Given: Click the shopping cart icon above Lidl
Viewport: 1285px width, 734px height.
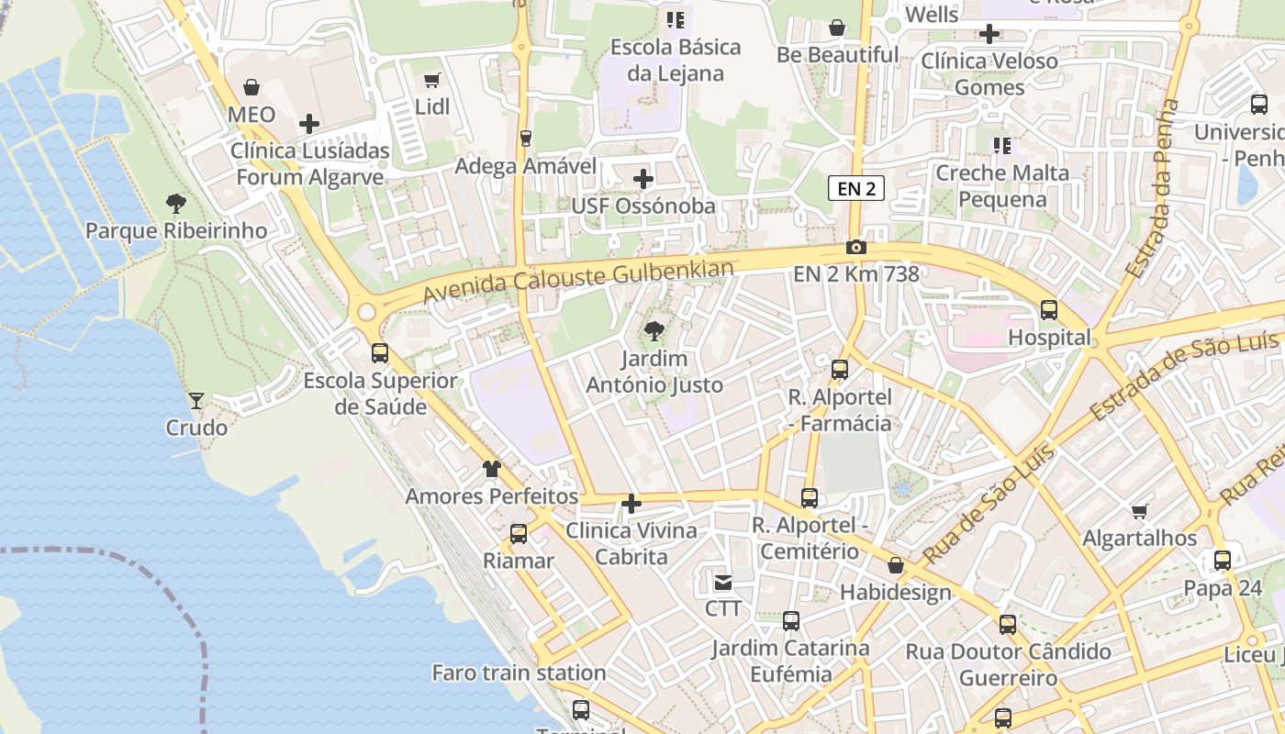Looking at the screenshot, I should pos(432,81).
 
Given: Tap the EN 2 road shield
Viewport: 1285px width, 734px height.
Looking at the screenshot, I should pos(855,188).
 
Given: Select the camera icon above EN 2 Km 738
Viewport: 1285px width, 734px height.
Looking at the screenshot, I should pos(855,247).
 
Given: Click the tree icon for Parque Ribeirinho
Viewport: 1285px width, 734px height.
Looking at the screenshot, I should pos(175,204).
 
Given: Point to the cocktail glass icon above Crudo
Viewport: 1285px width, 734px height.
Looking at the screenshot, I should pos(196,400).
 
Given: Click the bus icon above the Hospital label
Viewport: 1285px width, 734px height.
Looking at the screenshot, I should pos(1049,310).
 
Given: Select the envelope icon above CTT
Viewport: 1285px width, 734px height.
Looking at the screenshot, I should pos(723,582).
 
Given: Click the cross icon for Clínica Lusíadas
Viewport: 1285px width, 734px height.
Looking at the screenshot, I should pos(309,123).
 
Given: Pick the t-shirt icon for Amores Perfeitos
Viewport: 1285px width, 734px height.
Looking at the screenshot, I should pos(492,469).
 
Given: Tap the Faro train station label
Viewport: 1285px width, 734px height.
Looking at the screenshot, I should pos(519,673).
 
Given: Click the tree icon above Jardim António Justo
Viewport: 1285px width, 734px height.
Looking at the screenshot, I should pos(654,330).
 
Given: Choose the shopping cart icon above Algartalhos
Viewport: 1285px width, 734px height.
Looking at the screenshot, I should pos(1140,511).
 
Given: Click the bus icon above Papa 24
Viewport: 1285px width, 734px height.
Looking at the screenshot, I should pos(1223,561).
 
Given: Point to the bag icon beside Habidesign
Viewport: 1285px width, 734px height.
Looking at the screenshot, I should pos(896,565).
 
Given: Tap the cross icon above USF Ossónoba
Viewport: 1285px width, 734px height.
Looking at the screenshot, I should pos(643,178).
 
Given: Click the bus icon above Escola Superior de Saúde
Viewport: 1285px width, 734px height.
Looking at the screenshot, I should pos(380,353).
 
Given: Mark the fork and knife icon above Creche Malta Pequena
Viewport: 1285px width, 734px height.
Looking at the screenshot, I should pos(1001,145).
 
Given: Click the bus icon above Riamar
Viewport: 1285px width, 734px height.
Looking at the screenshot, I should pos(519,534).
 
